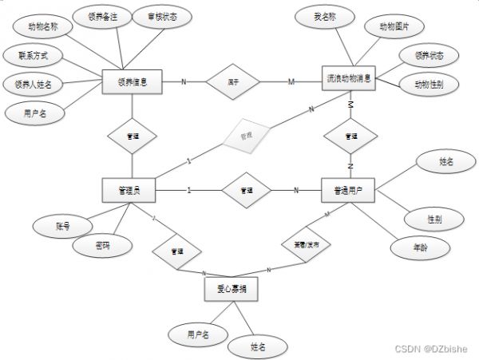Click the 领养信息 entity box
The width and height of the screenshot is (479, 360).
133,81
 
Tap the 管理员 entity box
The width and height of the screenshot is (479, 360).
129,190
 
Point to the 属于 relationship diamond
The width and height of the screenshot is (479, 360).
234,81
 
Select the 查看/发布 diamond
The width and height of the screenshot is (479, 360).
305,246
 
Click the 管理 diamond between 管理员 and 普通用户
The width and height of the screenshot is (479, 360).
246,190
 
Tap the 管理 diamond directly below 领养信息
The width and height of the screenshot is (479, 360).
133,136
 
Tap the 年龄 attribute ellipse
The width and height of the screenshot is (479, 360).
418,247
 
